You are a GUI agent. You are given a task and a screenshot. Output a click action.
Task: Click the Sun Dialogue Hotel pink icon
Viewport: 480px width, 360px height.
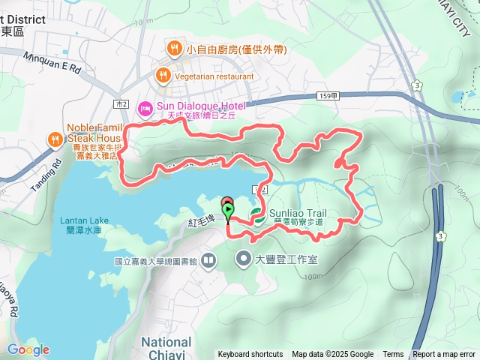pos(145,109)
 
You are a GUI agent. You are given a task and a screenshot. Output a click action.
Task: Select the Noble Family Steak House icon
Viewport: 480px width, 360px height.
pos(55,139)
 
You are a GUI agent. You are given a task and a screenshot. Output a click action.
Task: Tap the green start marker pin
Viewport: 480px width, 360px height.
pos(228,211)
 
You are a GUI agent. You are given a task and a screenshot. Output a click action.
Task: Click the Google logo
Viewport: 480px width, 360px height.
pos(28,349)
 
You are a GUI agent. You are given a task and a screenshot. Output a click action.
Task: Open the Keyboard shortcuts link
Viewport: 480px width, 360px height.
pos(250,354)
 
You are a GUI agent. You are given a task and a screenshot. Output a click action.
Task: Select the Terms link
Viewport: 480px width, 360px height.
pos(393,354)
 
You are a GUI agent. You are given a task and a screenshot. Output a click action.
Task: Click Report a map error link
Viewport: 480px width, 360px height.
pos(444,354)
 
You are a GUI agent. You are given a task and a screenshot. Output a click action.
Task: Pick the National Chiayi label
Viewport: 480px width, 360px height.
pos(167,347)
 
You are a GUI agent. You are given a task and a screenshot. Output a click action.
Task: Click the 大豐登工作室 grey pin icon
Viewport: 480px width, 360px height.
pos(244,260)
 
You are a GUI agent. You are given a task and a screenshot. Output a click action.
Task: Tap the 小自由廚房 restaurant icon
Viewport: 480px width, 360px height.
pos(174,49)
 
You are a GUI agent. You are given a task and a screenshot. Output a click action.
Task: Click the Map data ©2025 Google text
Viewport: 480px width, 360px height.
pos(332,354)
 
